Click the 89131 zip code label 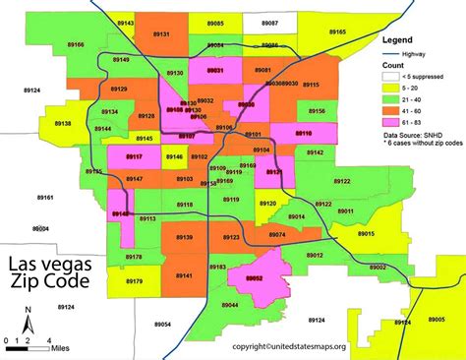point(163,34)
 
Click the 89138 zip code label point(62,124)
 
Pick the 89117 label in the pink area point(134,157)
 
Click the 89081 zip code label point(263,71)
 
